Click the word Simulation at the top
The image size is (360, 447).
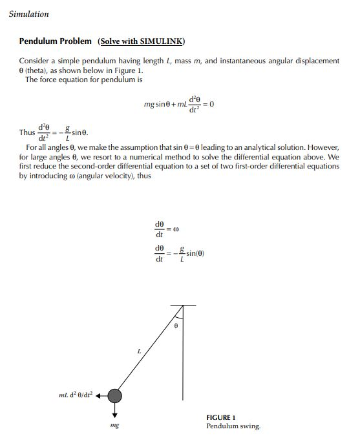tap(29, 14)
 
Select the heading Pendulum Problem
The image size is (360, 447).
tap(55, 41)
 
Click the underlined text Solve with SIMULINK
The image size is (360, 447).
tap(141, 41)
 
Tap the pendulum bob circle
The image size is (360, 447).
tap(114, 396)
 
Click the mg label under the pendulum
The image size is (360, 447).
tap(114, 427)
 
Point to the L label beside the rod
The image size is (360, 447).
tap(138, 351)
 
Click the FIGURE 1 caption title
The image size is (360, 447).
tap(221, 417)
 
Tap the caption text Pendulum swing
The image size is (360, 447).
tap(234, 426)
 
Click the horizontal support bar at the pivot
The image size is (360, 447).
tap(184, 304)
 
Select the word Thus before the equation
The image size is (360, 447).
tap(27, 132)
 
